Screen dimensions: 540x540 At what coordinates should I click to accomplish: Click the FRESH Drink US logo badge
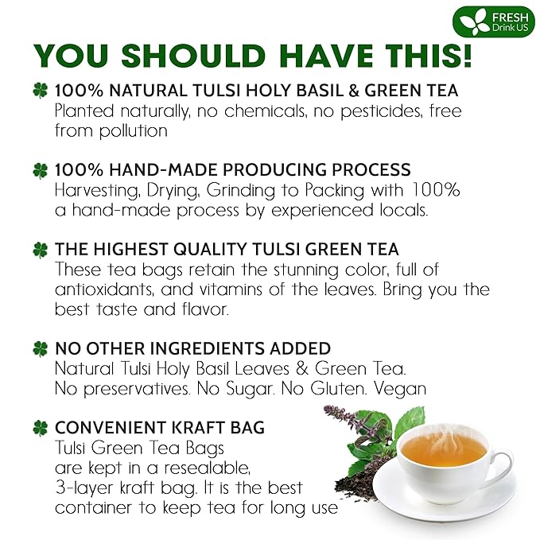[x=493, y=21]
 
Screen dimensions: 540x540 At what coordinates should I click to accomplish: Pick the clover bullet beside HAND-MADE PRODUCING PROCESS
[x=40, y=170]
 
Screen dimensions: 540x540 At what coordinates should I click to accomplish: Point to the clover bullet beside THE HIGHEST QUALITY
[x=40, y=250]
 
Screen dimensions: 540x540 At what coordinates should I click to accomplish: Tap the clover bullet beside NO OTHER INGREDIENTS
[x=40, y=348]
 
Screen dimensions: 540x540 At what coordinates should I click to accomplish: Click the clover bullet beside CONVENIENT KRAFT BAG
[x=40, y=428]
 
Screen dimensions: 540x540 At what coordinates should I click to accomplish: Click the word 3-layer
[x=85, y=487]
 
